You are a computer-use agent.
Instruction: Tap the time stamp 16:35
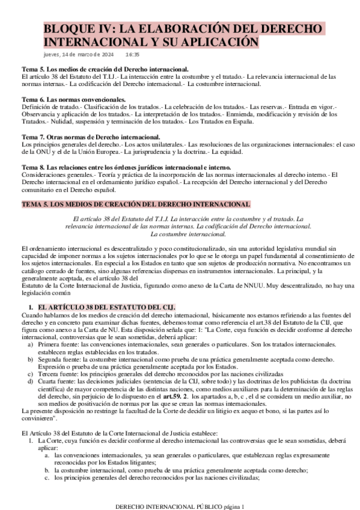pos(133,55)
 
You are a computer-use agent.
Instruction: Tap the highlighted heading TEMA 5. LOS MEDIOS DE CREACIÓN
pos(136,204)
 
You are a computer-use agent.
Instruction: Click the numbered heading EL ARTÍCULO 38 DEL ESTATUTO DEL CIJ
pos(106,307)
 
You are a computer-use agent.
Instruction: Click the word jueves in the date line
pos(52,55)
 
